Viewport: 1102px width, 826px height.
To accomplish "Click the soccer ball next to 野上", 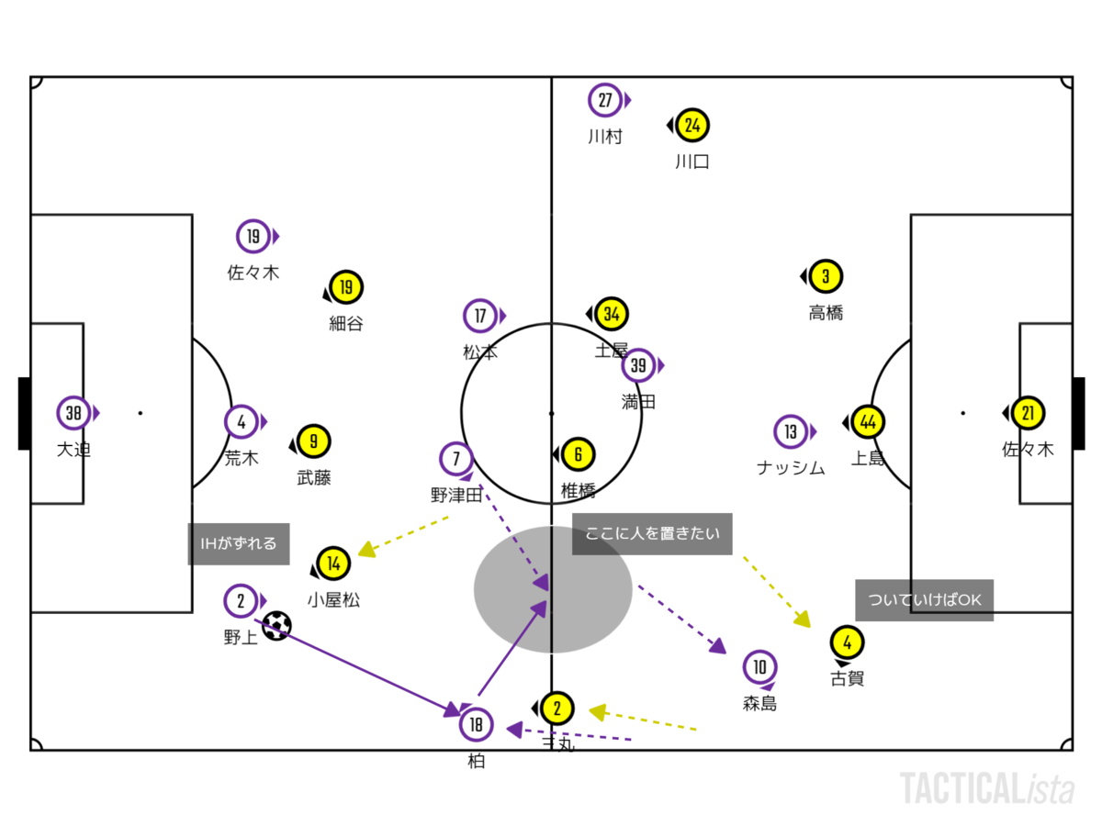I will pyautogui.click(x=276, y=626).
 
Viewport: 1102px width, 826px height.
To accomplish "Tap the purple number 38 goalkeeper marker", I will pyautogui.click(x=73, y=413).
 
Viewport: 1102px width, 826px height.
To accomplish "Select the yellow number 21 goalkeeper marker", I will pyautogui.click(x=1028, y=413).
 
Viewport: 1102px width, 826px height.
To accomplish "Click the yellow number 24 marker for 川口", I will pyautogui.click(x=693, y=125).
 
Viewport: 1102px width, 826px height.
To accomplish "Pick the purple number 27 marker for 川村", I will pyautogui.click(x=604, y=100).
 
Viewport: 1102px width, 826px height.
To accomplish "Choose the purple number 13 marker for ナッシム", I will pyautogui.click(x=791, y=430).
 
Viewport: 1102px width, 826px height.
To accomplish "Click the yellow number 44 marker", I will pyautogui.click(x=868, y=422).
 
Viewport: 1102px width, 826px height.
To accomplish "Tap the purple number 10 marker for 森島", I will pyautogui.click(x=759, y=667).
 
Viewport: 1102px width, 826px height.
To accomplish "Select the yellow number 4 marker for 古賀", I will pyautogui.click(x=847, y=642).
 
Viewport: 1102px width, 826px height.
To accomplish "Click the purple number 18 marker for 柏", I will pyautogui.click(x=476, y=725).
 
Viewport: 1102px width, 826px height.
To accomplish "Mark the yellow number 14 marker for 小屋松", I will pyautogui.click(x=333, y=564).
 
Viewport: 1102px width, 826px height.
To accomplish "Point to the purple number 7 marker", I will pyautogui.click(x=456, y=457).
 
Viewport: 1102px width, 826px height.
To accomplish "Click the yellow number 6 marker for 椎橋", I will pyautogui.click(x=578, y=453).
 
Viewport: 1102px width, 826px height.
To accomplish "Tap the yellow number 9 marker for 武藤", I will pyautogui.click(x=313, y=441).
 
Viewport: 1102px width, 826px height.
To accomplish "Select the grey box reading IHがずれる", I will pyautogui.click(x=239, y=543).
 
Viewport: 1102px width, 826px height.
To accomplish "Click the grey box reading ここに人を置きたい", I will pyautogui.click(x=652, y=534).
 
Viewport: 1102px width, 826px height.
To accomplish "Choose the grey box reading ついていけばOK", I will pyautogui.click(x=924, y=600).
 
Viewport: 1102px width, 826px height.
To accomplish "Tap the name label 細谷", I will pyautogui.click(x=346, y=323).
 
